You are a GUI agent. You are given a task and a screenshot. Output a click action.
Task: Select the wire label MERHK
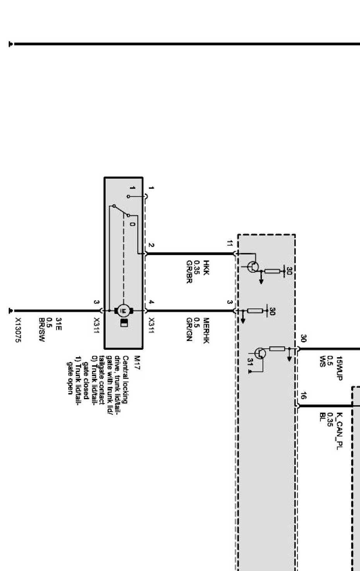click(x=206, y=331)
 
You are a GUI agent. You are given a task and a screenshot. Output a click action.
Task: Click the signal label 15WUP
click(x=339, y=368)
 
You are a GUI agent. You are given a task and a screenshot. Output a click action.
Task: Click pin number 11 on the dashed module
click(x=230, y=244)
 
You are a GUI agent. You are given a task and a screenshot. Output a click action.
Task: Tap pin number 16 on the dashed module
click(x=304, y=395)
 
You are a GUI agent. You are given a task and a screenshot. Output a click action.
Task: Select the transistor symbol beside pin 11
click(x=254, y=266)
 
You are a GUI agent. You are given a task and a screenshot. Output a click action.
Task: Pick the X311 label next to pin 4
click(x=152, y=326)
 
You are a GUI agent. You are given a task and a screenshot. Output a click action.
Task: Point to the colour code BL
click(x=322, y=416)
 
